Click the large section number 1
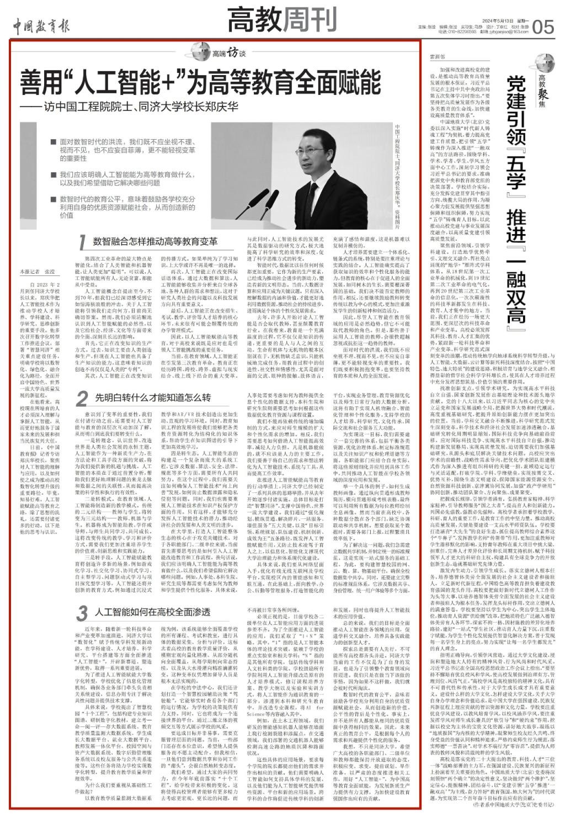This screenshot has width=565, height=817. (x=81, y=242)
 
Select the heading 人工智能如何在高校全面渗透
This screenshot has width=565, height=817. (x=152, y=612)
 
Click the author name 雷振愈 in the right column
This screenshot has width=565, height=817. (x=437, y=56)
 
